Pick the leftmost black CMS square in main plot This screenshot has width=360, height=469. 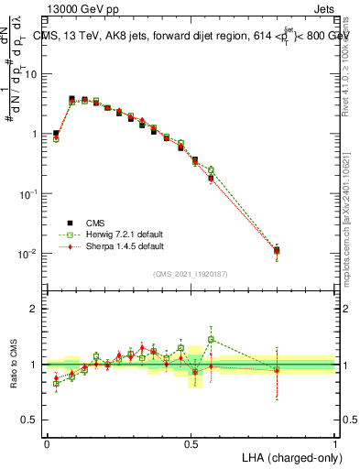coord(56,134)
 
